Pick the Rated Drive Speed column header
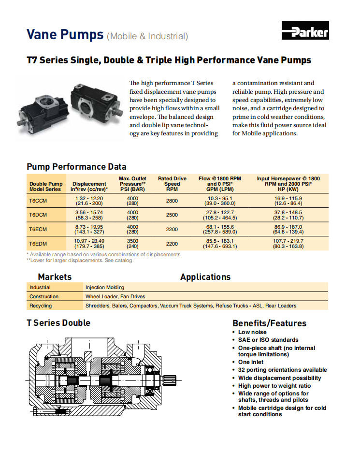(172, 184)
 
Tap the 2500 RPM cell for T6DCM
(172, 215)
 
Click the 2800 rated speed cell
(172, 201)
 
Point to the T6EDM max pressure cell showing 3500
(132, 243)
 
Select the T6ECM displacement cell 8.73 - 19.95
(89, 229)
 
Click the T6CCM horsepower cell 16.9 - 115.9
(288, 201)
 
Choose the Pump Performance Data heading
(76, 167)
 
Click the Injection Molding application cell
(105, 287)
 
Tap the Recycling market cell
(41, 306)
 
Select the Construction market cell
(44, 296)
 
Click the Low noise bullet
(252, 332)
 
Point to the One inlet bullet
(251, 362)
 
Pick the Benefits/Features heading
(269, 323)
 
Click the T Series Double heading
(58, 323)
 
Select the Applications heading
(205, 277)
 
